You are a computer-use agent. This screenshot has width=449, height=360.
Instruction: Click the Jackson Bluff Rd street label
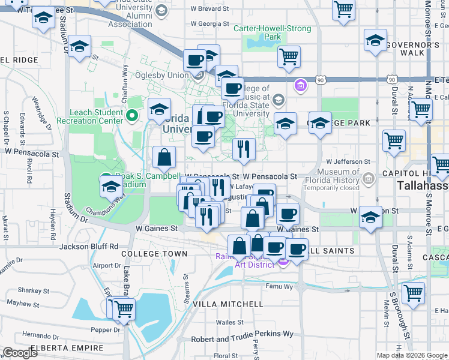(89, 246)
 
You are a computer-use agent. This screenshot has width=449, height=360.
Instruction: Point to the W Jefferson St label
(348, 161)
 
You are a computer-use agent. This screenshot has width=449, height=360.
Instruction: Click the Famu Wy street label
(280, 287)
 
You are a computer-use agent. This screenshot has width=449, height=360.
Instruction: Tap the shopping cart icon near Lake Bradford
(124, 310)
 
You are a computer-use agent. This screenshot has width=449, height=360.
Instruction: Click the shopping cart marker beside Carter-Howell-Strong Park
(289, 57)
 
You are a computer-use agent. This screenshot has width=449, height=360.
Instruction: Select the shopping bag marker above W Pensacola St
(164, 158)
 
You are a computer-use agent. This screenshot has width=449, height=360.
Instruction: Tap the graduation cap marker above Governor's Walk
(375, 40)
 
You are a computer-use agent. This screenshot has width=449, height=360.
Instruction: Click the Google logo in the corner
(20, 353)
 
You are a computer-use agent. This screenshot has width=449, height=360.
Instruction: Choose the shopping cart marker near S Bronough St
(413, 293)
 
